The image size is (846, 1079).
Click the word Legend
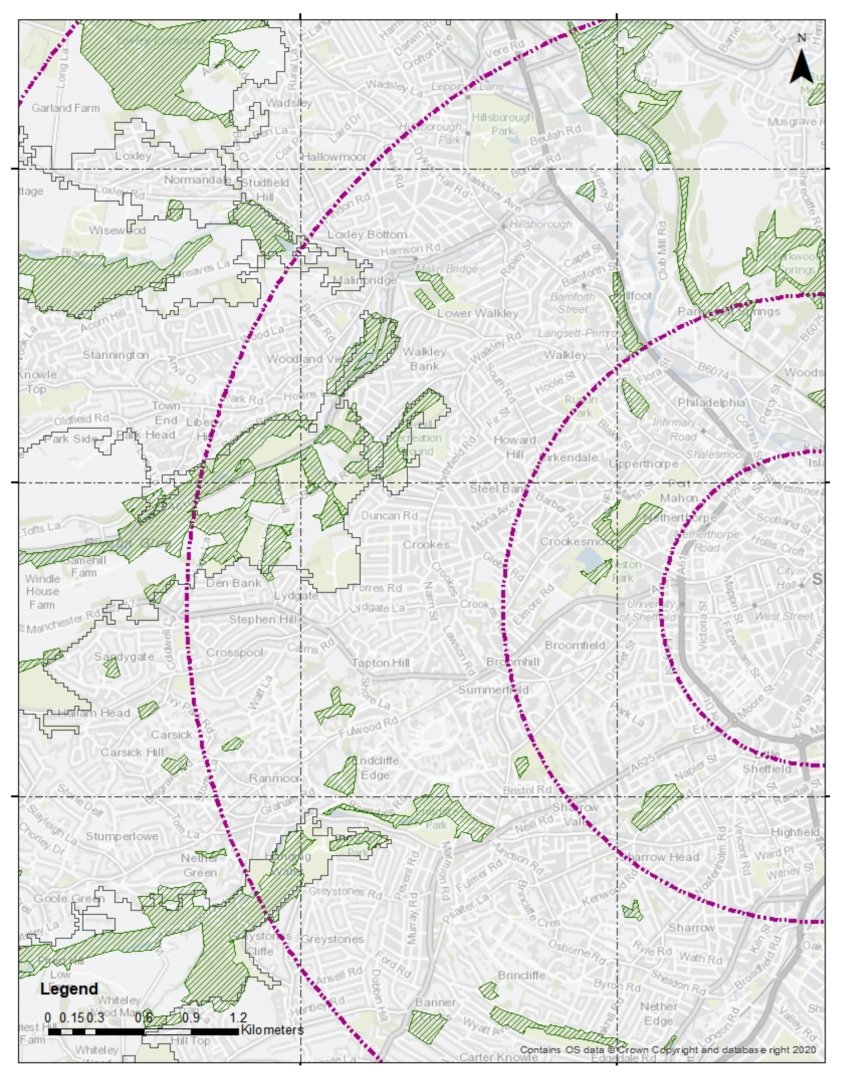click(x=69, y=989)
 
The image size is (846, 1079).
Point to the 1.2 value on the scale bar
click(x=238, y=1018)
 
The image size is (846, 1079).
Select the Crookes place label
click(x=426, y=545)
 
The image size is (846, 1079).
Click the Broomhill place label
click(x=513, y=662)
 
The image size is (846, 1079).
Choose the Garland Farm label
click(x=65, y=108)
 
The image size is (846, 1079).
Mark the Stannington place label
click(x=115, y=355)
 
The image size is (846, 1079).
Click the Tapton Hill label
click(x=380, y=663)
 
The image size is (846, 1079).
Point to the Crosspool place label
click(x=234, y=653)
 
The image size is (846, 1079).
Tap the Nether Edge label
click(x=658, y=1014)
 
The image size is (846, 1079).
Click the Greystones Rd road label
click(x=345, y=891)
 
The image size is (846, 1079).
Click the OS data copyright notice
click(x=668, y=1050)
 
